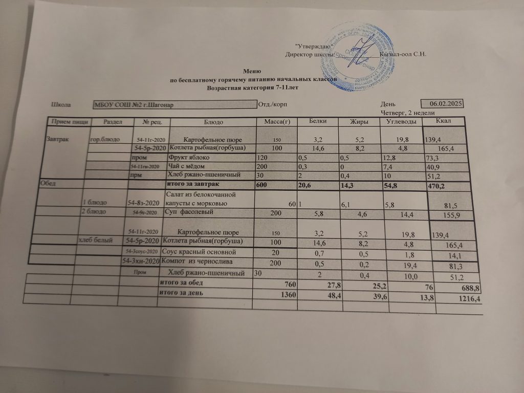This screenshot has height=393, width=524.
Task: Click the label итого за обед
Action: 181,283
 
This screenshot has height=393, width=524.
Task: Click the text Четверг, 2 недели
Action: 407,113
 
